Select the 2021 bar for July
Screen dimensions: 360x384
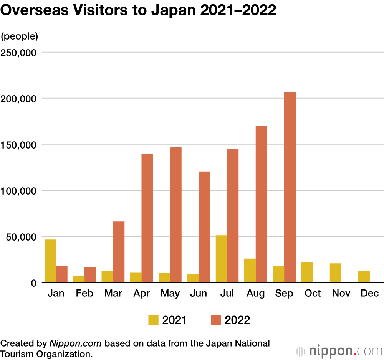[222, 259]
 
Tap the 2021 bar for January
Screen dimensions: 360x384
[50, 261]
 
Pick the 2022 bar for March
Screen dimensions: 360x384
[119, 252]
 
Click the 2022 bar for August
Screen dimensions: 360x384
[262, 204]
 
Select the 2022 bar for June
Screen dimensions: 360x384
[204, 227]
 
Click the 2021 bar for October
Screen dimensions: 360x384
[307, 272]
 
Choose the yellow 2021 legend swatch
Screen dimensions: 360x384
[154, 320]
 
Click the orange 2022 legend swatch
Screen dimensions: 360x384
[216, 320]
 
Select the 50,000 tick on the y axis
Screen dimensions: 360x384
[22, 237]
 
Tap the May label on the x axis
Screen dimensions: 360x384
[170, 294]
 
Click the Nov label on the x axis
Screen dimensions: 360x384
[341, 294]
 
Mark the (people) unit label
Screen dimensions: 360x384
[20, 36]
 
